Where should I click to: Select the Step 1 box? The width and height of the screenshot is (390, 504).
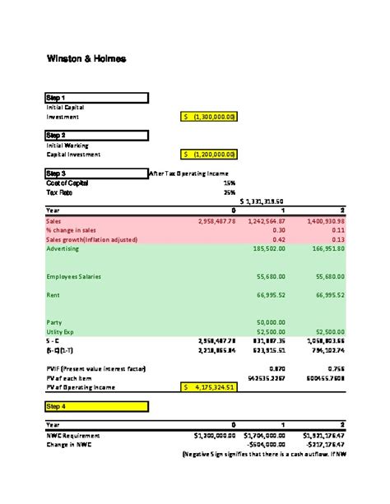click(96, 98)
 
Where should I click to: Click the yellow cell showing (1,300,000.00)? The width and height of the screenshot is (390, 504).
click(209, 117)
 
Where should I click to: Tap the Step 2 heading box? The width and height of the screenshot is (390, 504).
click(96, 135)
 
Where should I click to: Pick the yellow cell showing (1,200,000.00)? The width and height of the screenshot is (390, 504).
click(209, 154)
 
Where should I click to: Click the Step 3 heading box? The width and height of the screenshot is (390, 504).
click(96, 173)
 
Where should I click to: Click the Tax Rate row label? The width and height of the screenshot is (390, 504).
click(60, 192)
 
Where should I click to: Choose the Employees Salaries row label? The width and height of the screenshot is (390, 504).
click(73, 276)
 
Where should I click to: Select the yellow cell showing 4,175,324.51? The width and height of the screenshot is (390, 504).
click(209, 386)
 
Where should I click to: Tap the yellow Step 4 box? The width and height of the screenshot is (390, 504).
click(96, 405)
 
